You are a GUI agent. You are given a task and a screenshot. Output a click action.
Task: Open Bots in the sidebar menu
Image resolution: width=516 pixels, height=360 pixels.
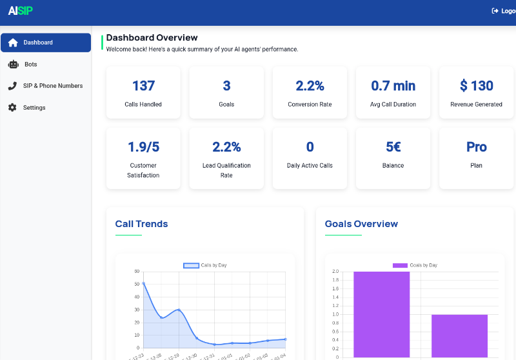pos(30,65)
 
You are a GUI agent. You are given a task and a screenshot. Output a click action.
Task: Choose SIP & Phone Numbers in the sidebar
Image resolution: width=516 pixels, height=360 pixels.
pos(52,86)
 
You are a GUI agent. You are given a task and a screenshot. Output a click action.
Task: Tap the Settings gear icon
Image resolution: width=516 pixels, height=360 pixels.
pos(12,108)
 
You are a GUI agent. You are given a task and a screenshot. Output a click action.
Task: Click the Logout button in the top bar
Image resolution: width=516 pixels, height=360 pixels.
pos(503,11)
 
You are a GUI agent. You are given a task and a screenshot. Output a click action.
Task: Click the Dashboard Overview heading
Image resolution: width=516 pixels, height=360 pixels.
pos(152,38)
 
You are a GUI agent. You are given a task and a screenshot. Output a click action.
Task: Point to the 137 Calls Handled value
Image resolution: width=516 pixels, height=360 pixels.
pos(143,86)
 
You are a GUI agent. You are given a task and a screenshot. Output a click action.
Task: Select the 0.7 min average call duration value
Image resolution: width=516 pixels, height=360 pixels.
pos(393,86)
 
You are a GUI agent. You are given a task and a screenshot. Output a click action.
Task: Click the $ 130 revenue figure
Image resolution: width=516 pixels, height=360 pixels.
pos(476,86)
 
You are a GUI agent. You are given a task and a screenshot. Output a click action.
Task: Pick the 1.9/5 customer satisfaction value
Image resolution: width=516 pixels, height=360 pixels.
pos(143,147)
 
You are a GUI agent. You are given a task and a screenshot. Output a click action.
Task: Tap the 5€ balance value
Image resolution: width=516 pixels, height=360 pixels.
pos(393,147)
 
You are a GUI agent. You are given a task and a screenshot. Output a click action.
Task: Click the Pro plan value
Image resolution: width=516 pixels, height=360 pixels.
pos(476,147)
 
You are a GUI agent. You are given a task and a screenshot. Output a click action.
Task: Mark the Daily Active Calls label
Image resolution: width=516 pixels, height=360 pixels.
pos(310,166)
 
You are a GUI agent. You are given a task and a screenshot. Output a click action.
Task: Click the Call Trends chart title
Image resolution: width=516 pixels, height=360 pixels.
pos(141,224)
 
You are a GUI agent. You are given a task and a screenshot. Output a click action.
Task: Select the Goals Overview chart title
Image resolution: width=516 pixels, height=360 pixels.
pos(361,224)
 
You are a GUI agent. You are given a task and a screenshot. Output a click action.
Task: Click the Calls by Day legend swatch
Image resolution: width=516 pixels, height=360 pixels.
pos(191,265)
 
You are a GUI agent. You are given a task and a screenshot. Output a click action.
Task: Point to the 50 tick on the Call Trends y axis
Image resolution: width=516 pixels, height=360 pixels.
pos(137,284)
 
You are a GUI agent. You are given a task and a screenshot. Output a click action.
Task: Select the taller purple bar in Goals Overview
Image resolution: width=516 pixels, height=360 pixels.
pos(381,314)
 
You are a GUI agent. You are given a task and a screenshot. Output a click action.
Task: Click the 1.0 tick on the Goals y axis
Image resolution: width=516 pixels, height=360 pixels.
pos(335,315)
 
